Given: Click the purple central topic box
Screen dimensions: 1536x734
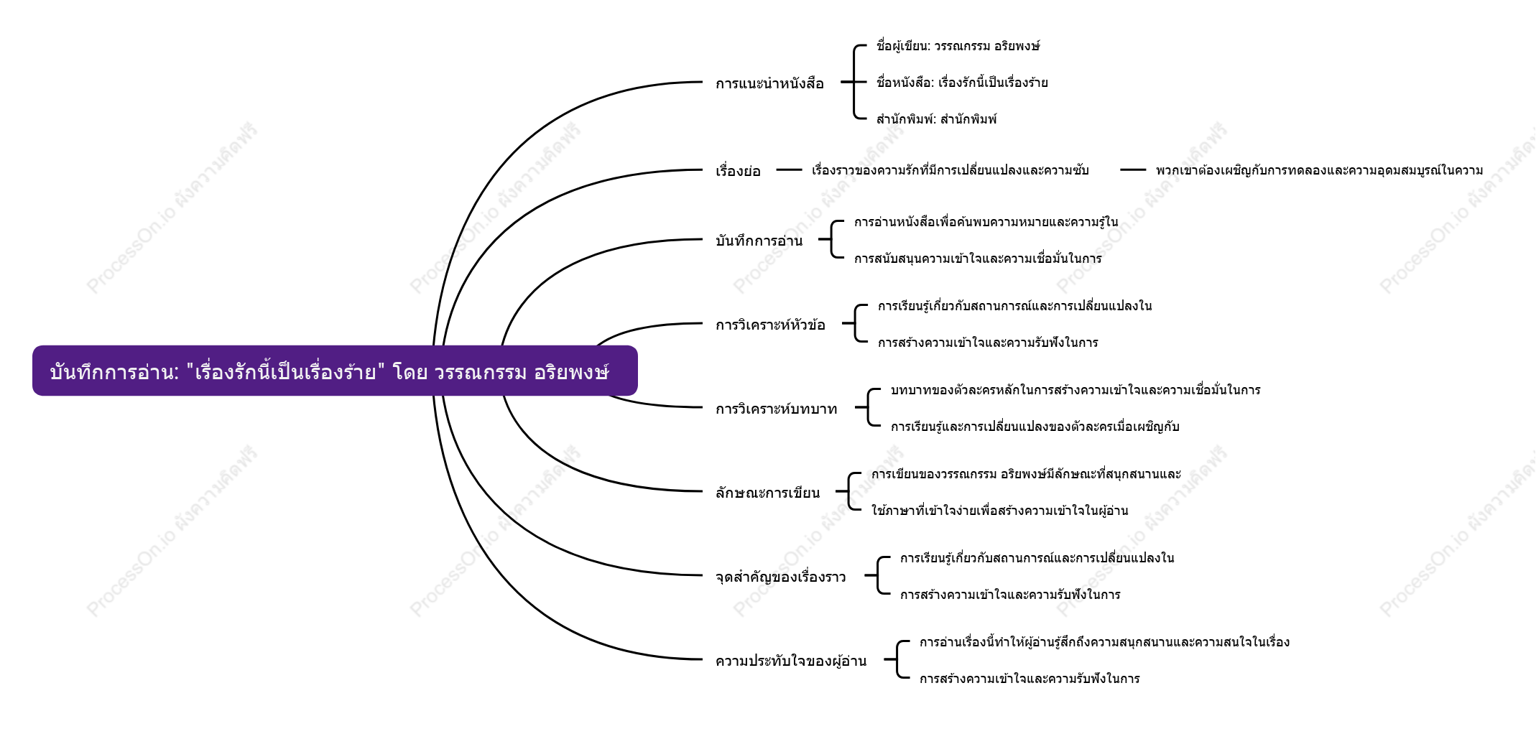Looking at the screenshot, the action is click(x=335, y=371).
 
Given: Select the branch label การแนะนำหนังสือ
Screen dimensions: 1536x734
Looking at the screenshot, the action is click(x=769, y=83).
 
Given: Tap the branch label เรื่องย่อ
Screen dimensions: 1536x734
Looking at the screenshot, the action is click(x=738, y=171).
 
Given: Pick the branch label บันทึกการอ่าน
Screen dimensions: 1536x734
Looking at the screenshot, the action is click(x=759, y=241).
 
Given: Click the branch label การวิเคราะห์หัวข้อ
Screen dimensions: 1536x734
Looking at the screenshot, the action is click(x=770, y=325).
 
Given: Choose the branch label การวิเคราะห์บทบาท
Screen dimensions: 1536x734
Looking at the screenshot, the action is click(x=777, y=409).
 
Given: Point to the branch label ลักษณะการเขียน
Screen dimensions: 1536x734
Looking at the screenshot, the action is click(x=767, y=493).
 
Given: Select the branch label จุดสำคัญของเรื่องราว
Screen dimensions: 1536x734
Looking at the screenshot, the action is click(x=781, y=577).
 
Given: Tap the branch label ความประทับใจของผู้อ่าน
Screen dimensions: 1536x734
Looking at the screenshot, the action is click(x=791, y=661).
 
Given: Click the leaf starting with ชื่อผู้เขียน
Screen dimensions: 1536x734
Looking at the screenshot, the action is click(x=958, y=46).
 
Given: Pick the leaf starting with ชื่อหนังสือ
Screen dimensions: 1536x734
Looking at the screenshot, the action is click(x=962, y=83).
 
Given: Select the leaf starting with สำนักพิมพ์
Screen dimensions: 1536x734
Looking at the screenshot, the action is click(x=936, y=119).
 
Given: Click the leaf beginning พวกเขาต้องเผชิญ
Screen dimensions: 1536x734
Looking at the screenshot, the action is click(x=1319, y=170).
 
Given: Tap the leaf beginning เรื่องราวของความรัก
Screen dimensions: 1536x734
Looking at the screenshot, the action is click(x=950, y=170).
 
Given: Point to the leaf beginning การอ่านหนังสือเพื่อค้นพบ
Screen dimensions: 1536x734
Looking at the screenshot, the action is click(x=986, y=222).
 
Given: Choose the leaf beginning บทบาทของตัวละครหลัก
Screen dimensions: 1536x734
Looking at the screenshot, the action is click(x=1075, y=390).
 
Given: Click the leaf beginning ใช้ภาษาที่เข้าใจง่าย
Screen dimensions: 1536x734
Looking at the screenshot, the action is click(x=999, y=511).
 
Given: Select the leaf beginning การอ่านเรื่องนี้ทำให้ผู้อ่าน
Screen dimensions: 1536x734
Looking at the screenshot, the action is click(x=1104, y=642).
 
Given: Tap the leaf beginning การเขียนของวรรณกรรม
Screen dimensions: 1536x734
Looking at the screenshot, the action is click(x=1026, y=474).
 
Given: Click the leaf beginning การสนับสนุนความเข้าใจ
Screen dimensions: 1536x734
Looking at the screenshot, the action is click(x=978, y=259).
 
